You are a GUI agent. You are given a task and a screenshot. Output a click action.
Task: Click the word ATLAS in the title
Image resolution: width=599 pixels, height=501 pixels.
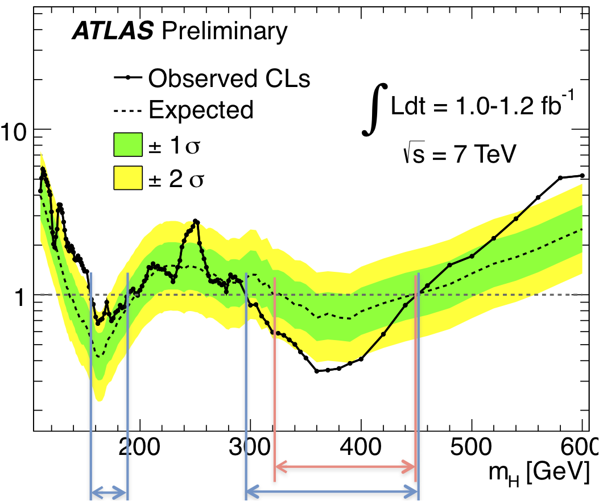[113, 32]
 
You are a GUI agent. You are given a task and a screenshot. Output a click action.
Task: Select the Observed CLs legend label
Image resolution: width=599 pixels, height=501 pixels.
[229, 78]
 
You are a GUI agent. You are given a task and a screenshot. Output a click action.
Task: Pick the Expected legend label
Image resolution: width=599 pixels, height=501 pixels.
[201, 109]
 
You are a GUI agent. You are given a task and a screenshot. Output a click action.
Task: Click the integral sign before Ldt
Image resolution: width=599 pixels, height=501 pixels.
[376, 109]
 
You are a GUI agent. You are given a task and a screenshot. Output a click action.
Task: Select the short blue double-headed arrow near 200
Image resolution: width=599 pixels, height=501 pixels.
[109, 492]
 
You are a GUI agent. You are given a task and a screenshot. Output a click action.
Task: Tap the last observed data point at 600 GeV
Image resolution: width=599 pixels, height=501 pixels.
[582, 176]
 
